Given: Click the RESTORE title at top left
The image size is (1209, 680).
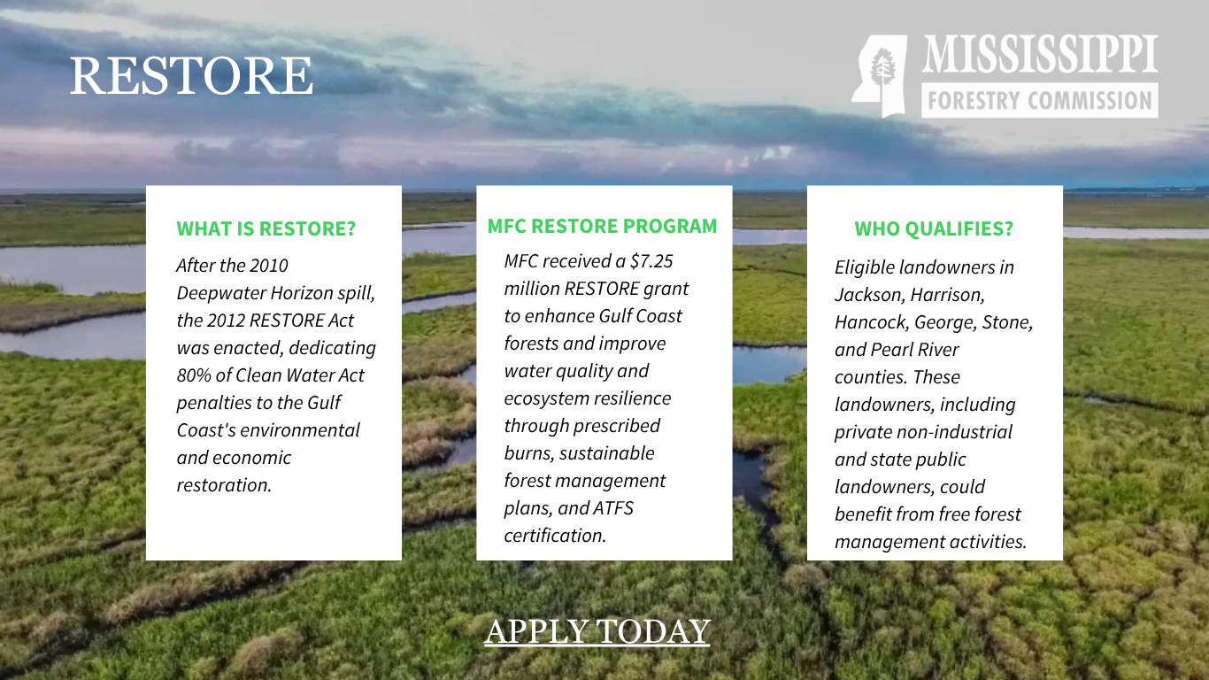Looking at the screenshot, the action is tap(191, 75).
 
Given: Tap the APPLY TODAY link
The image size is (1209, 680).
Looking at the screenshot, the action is tap(597, 630).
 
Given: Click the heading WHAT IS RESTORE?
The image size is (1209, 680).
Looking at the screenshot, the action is tap(266, 228).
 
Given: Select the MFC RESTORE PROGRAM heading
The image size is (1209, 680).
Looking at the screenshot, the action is tap(602, 226).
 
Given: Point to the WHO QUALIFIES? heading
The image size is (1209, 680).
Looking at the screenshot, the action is tap(934, 228).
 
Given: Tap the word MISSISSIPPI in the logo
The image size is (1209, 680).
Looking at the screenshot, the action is tap(1040, 53).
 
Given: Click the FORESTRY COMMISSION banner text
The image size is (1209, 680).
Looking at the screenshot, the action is tap(1040, 100).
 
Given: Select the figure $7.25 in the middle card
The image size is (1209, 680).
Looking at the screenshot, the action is tap(652, 261).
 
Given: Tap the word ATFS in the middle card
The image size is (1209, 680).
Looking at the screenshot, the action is tap(613, 507).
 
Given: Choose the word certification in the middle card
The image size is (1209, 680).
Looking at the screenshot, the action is tap(556, 536).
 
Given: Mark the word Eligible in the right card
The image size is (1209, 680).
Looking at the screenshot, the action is tap(865, 267).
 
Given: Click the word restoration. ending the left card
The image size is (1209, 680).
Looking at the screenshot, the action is tap(224, 485).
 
